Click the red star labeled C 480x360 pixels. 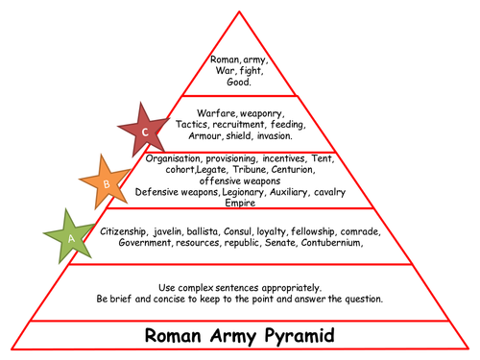point(145,132)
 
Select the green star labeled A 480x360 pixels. point(68,234)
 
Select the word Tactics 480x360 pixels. point(195,124)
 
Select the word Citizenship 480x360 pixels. point(130,231)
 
